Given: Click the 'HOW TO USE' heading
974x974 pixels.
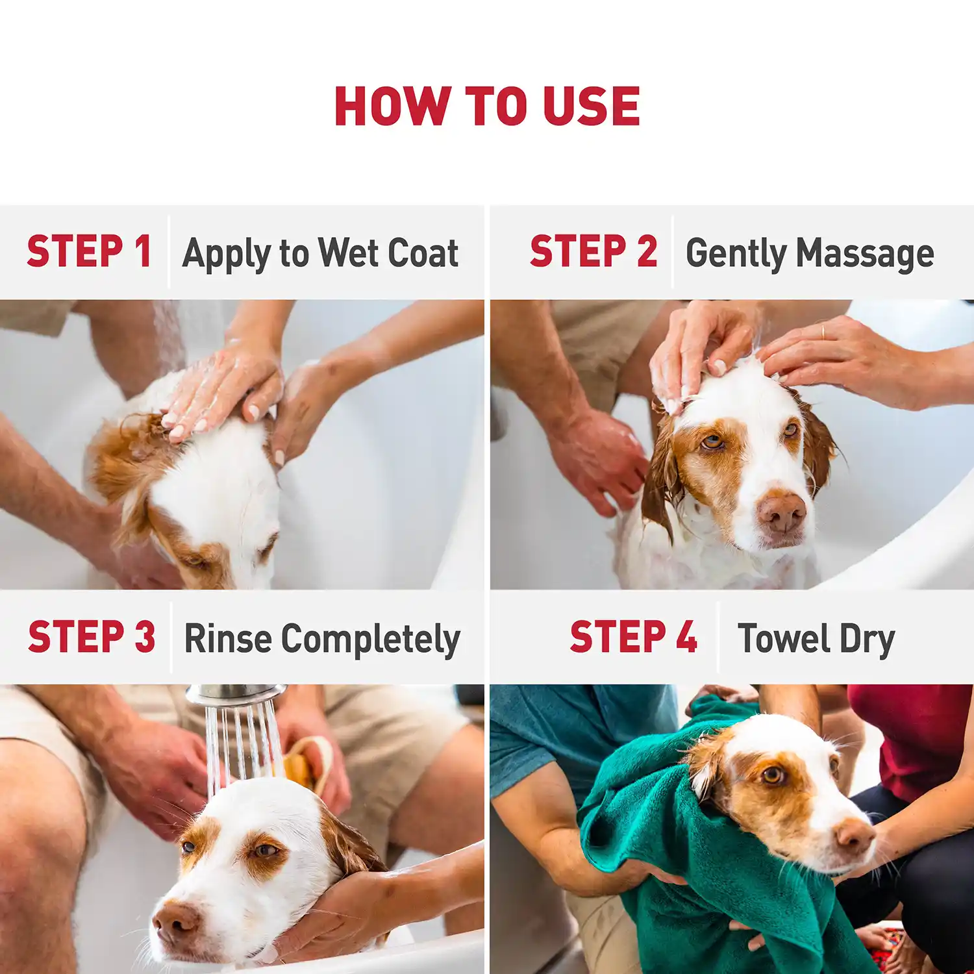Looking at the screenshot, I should (x=487, y=106).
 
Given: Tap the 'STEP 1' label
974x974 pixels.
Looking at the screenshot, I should (x=89, y=251).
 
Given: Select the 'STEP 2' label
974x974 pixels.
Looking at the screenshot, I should (x=593, y=251).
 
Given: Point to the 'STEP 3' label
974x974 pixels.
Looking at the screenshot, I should (x=92, y=636).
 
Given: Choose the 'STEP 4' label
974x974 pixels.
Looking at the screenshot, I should (x=633, y=636).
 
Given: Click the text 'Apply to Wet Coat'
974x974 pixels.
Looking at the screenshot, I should (x=320, y=253).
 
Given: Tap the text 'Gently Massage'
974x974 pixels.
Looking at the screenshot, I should (x=810, y=253).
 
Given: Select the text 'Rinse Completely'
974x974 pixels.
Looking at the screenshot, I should (x=322, y=639).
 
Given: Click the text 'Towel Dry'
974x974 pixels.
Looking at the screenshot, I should (x=816, y=639).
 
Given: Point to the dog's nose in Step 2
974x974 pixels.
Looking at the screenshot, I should (x=782, y=511).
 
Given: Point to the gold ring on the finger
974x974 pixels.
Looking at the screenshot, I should (x=823, y=331).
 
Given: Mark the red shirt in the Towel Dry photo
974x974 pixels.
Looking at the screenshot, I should (x=916, y=734).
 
